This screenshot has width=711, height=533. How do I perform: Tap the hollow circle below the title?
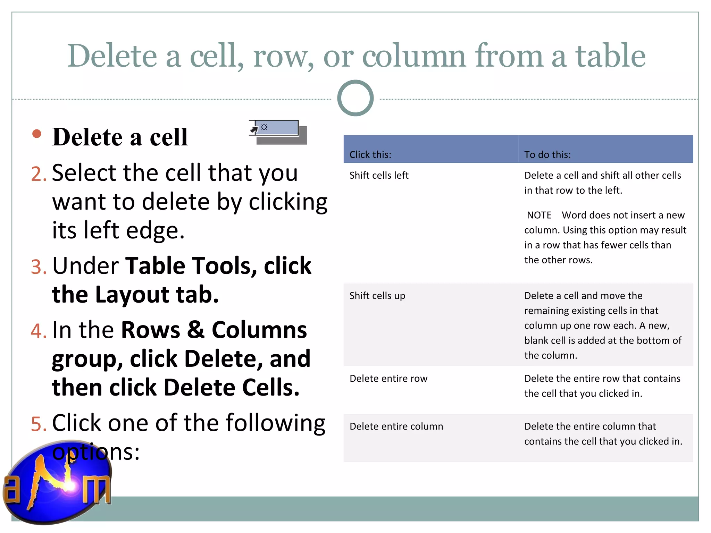pos(355,98)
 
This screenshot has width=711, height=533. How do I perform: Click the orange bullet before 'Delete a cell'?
pos(36,134)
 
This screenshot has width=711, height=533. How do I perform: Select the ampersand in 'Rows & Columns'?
pos(196,330)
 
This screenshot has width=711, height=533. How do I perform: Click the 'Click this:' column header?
pos(370,154)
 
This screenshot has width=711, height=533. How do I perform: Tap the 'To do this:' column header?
pos(547,154)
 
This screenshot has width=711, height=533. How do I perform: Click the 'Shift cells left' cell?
pos(379,175)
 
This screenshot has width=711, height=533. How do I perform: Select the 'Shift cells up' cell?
pos(377,296)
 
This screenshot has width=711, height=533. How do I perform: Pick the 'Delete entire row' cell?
pos(388,379)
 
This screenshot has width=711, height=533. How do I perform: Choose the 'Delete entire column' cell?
pos(396,426)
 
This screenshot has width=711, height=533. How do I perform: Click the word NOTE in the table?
pos(539,215)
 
